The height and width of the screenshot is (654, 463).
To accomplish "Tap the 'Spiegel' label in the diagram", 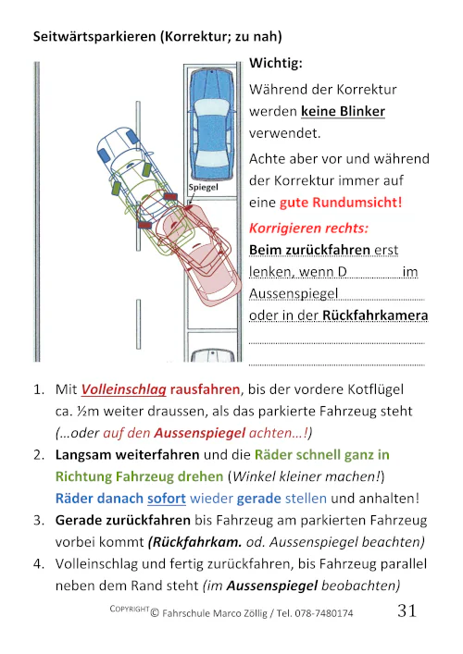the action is [203, 187].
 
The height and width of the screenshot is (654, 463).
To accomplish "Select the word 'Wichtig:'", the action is [276, 65].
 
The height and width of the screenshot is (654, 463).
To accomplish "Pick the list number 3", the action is [38, 520].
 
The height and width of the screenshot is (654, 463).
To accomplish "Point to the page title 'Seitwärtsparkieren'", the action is [93, 38].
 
